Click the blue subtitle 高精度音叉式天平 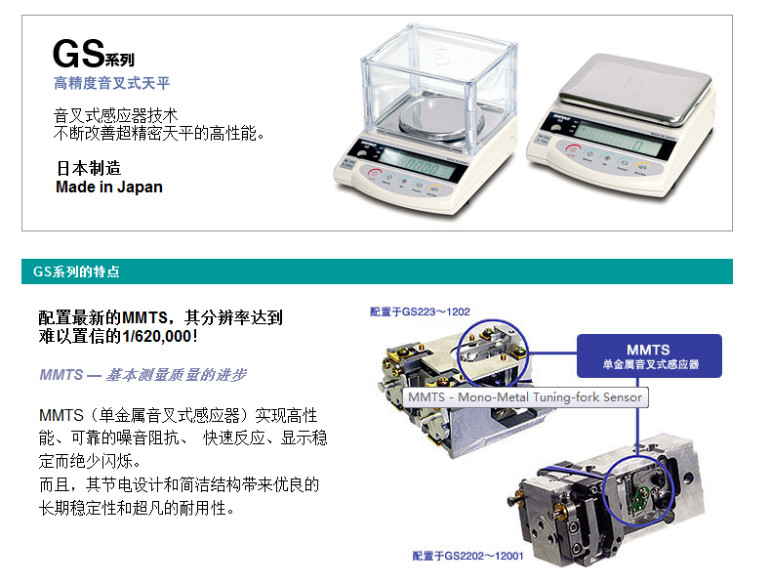click(x=112, y=83)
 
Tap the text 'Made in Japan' click(x=109, y=187)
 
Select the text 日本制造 click(x=89, y=168)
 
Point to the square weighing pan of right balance click(x=635, y=88)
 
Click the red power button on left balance click(x=374, y=173)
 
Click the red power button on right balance click(x=573, y=149)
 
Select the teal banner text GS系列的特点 click(x=76, y=271)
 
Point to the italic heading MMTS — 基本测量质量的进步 click(x=142, y=375)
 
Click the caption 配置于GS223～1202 click(x=420, y=312)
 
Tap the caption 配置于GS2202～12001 click(x=467, y=556)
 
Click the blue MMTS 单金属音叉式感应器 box click(x=649, y=356)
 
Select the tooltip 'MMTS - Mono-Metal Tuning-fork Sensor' click(x=525, y=397)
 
